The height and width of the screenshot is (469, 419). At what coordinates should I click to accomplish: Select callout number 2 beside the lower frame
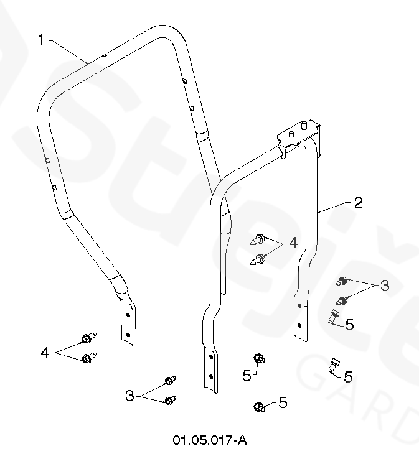[x=359, y=202]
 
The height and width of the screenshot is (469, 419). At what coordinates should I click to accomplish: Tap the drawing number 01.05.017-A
[x=210, y=440]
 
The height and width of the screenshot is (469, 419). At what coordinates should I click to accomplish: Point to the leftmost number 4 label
[x=45, y=353]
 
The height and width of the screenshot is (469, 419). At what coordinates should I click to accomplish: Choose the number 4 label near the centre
[x=293, y=242]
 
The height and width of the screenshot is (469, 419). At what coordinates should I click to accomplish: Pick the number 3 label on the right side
[x=385, y=286]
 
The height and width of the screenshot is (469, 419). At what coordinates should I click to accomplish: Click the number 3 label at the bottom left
[x=129, y=396]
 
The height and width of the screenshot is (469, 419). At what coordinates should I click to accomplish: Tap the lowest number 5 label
[x=283, y=402]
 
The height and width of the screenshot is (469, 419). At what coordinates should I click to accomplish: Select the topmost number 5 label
[x=349, y=323]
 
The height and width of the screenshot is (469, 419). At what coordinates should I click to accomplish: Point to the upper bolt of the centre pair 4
[x=260, y=238]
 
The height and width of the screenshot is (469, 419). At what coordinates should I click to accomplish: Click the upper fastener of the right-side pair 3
[x=342, y=281]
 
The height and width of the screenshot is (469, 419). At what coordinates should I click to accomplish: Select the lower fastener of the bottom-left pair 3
[x=169, y=401]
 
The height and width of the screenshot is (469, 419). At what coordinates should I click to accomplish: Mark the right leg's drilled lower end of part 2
[x=301, y=317]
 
